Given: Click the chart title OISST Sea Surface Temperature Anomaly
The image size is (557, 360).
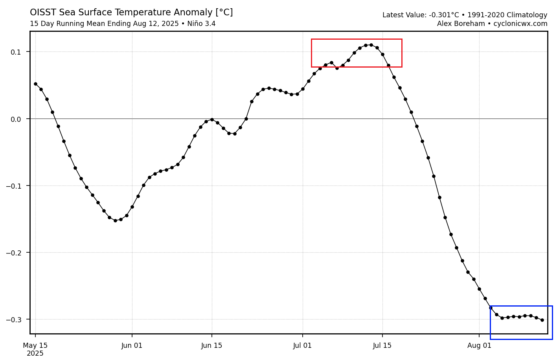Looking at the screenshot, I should pos(131,13).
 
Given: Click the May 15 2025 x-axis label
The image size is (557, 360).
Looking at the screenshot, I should pos(35,349).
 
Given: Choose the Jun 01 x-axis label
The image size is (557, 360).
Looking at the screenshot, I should pos(132,346).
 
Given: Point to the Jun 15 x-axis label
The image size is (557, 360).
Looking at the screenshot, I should pos(212,346).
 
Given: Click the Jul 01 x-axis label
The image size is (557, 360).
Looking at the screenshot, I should pos(303,346).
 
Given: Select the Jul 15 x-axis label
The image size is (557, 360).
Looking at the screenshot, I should pos(382,346).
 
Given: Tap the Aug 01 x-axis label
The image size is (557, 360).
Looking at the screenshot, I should pos(479,346).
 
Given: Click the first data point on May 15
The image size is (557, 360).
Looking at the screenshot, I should pos(35,84).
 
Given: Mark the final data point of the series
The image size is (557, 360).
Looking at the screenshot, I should pos(542,320).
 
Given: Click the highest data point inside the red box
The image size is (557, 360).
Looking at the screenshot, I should pos(371,45).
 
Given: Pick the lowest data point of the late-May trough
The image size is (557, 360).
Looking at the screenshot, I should pos(115,220).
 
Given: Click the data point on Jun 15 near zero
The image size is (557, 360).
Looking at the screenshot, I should pos(212,119).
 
